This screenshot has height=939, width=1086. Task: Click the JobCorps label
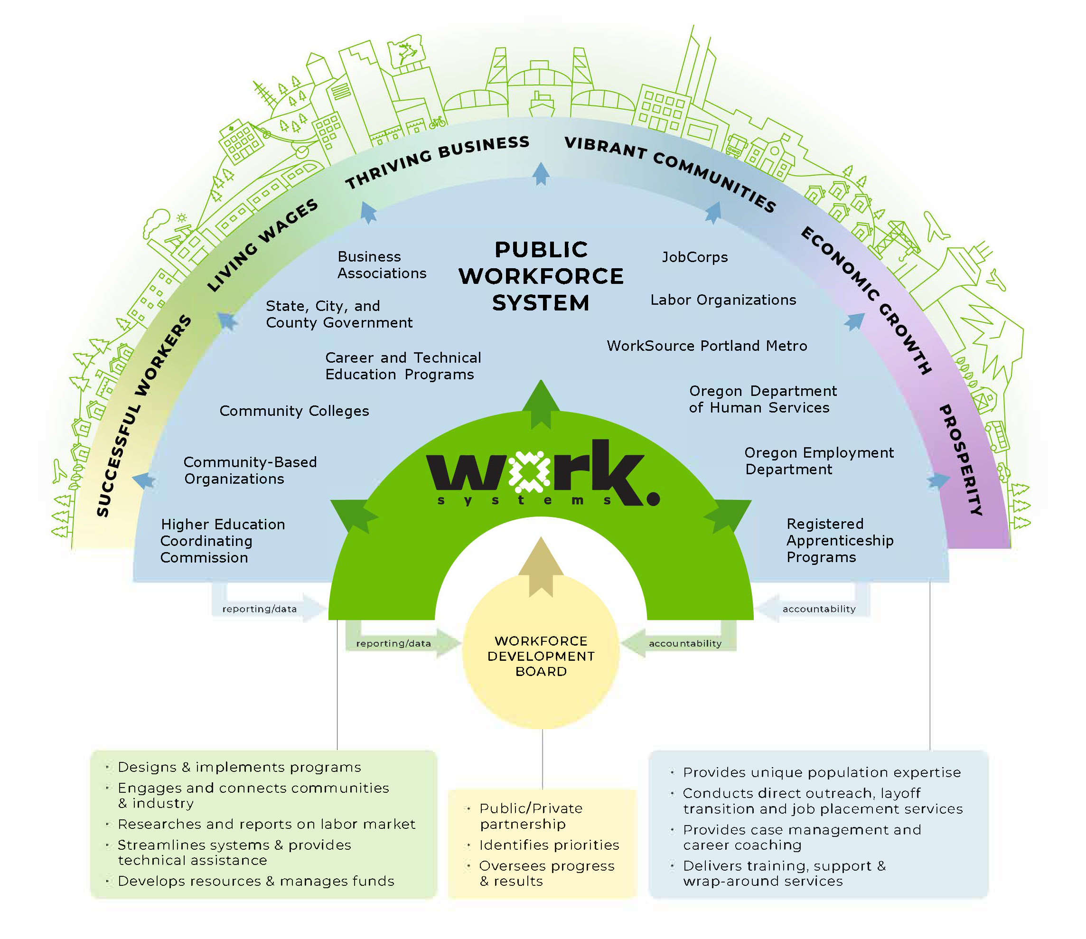point(694,257)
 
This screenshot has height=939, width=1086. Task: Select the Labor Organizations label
point(723,300)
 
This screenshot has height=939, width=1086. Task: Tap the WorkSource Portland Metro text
point(707,346)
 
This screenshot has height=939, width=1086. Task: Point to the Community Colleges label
point(294,411)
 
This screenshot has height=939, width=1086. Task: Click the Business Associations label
point(382,265)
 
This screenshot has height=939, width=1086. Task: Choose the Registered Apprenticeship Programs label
point(840,541)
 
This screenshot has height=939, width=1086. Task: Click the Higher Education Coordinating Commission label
point(223,541)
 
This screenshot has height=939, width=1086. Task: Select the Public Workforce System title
point(541,276)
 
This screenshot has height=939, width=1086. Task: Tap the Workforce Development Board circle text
point(541,656)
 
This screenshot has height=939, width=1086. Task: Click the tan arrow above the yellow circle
point(541,566)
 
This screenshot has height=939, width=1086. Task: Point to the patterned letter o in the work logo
point(529,472)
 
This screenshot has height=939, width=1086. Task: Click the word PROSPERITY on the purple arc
point(960,460)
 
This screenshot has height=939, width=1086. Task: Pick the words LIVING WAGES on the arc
point(262,244)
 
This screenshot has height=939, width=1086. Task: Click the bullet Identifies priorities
point(549,845)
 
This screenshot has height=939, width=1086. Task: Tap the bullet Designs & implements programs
point(239,768)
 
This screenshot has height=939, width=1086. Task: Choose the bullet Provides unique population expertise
point(821,773)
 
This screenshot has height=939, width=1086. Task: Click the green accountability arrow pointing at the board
point(682,643)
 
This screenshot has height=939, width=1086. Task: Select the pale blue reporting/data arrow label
point(260,609)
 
